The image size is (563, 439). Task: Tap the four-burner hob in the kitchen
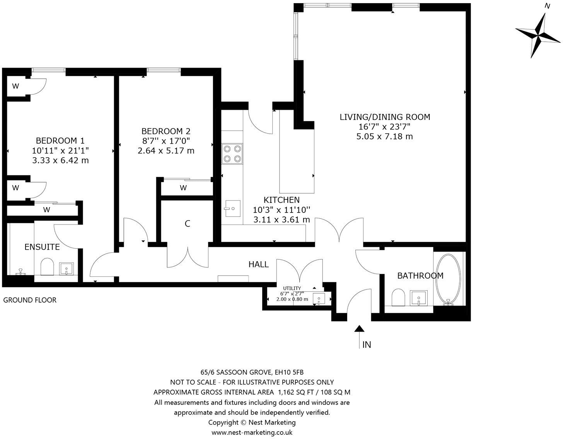232,153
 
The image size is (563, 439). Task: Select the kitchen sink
232,209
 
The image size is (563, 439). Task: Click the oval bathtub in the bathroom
448,279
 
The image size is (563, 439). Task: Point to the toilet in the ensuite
47,267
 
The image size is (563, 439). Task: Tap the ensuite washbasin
67,268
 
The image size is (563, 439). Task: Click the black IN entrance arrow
360,329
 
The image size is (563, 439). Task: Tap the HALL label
258,265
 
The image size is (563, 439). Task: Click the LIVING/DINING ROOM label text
385,117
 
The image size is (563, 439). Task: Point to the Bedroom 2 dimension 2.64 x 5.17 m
166,151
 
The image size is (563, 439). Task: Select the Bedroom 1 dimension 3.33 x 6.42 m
61,160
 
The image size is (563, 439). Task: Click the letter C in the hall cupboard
188,224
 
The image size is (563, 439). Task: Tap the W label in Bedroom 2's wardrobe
183,188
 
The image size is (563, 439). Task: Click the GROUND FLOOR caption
30,300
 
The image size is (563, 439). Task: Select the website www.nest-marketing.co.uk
252,432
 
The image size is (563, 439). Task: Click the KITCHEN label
281,200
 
